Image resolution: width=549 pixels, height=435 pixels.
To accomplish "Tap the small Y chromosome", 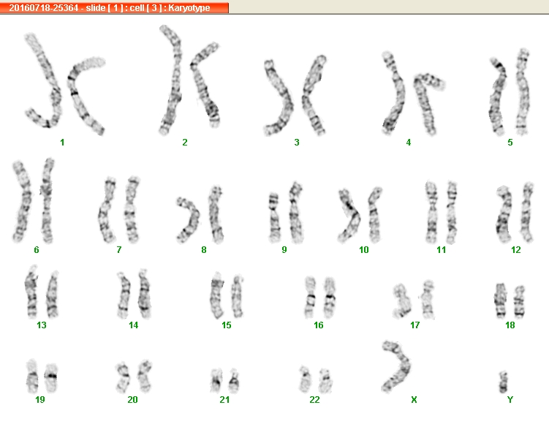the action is pyautogui.click(x=503, y=382).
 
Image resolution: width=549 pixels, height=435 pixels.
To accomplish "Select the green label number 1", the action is pyautogui.click(x=62, y=143).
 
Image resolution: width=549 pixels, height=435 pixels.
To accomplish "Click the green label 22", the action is pyautogui.click(x=314, y=400).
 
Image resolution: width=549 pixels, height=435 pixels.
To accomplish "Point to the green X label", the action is pyautogui.click(x=414, y=400).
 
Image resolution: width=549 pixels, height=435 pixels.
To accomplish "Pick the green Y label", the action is pyautogui.click(x=510, y=400).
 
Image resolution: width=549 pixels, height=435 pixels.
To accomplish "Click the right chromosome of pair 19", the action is pyautogui.click(x=51, y=378).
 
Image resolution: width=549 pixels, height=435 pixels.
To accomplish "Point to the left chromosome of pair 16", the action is pyautogui.click(x=310, y=297).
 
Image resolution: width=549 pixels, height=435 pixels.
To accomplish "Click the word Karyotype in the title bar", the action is pyautogui.click(x=189, y=8).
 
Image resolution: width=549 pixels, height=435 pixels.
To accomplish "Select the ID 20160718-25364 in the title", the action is pyautogui.click(x=44, y=8).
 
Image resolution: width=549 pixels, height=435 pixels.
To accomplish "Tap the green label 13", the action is pyautogui.click(x=42, y=325).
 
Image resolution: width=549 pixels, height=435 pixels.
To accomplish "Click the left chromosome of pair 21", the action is pyautogui.click(x=216, y=380).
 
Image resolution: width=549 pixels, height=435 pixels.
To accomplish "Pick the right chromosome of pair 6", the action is pyautogui.click(x=47, y=200).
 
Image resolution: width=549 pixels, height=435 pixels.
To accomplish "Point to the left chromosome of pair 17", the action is pyautogui.click(x=400, y=300).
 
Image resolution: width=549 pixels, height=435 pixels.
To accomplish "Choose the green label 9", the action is pyautogui.click(x=284, y=250).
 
